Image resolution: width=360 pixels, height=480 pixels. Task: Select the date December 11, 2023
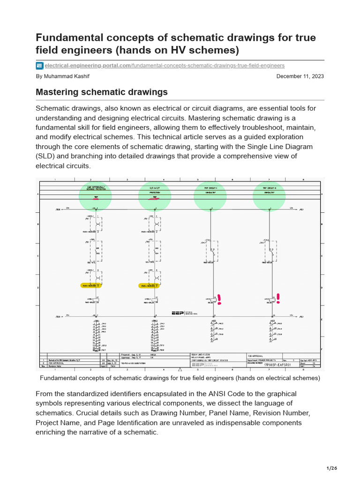[x=300, y=76]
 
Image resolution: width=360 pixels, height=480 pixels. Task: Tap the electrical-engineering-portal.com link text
[x=88, y=66]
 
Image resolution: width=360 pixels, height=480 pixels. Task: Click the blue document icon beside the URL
[x=40, y=66]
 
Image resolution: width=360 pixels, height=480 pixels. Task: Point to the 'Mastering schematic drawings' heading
[x=102, y=92]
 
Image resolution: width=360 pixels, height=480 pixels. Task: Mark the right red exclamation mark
[x=278, y=298]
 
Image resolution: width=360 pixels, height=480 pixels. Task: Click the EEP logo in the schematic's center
[x=178, y=313]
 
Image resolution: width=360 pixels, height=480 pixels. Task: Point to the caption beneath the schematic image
[x=180, y=378]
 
